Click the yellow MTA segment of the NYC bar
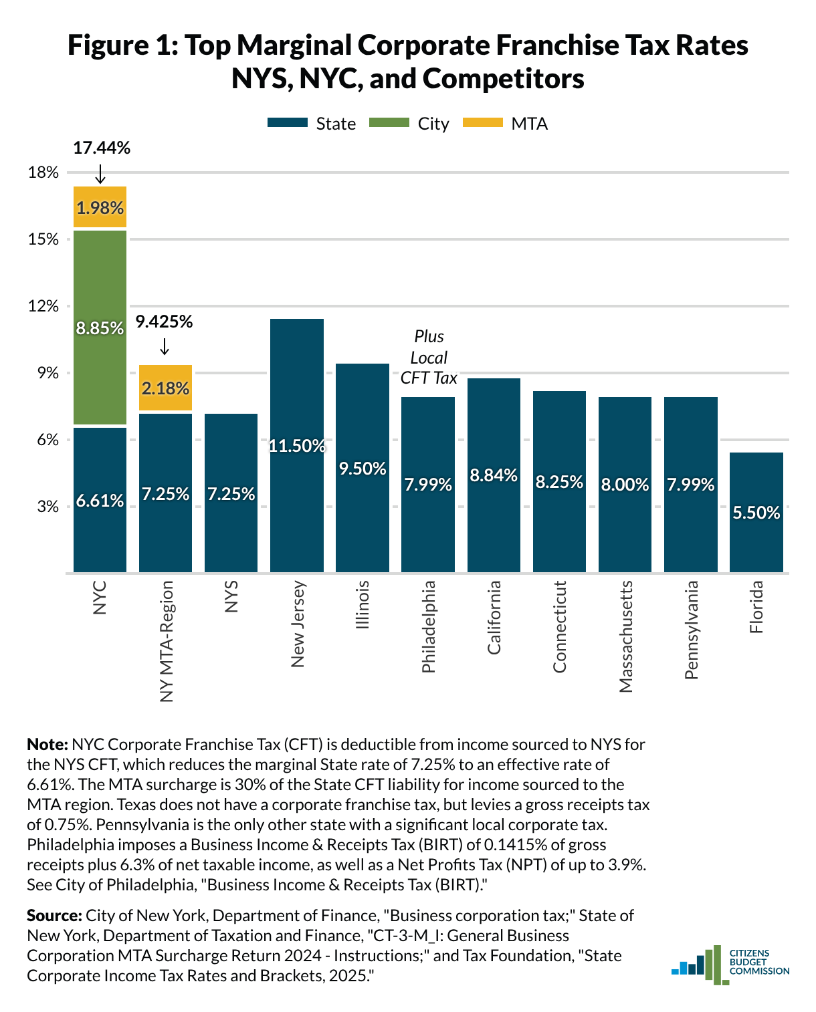pos(100,207)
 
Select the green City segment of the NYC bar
pos(100,328)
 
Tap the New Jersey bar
pos(296,445)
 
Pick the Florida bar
pos(756,512)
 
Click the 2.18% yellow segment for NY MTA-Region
pos(165,388)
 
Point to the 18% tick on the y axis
pos(43,172)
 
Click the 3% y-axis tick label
pos(47,507)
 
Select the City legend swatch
pos(389,123)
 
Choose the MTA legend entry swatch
pos(483,123)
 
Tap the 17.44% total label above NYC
pos(102,148)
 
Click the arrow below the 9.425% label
pos(165,346)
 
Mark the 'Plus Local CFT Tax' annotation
pos(429,357)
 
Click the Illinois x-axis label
pos(362,605)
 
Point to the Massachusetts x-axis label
pos(625,637)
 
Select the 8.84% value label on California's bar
pos(494,475)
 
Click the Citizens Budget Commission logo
pos(730,966)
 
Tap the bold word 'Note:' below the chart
pos(47,745)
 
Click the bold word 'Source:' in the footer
pos(55,916)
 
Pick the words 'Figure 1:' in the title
pos(123,45)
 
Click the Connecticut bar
pos(559,481)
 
